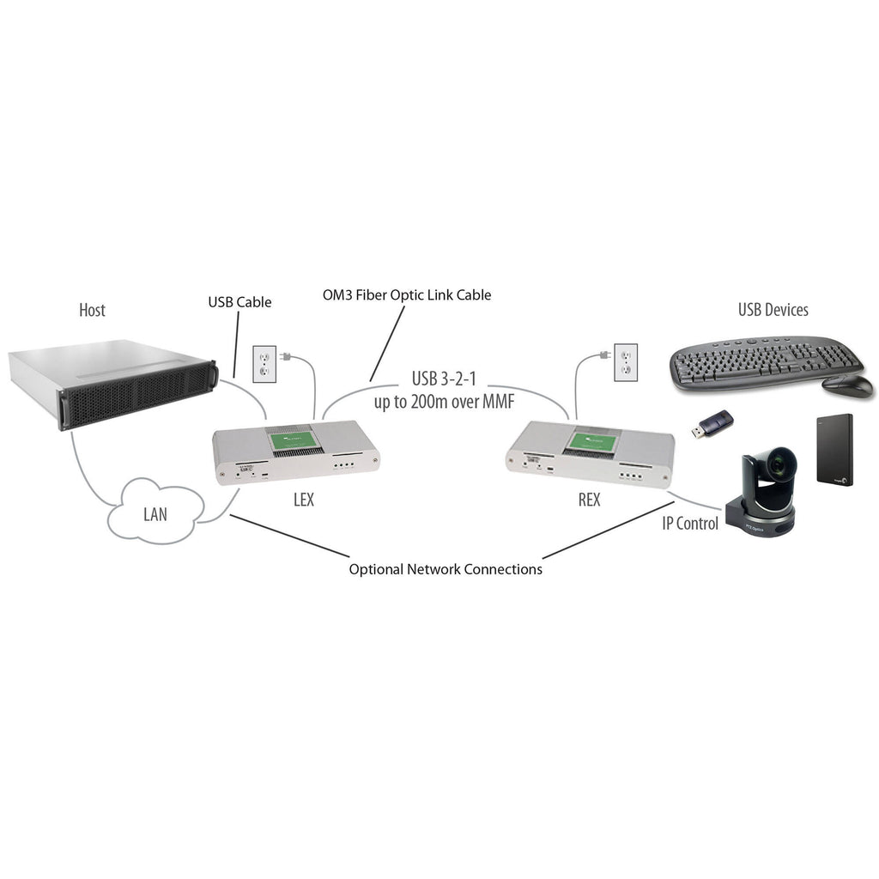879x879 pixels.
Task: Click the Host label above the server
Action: pos(92,310)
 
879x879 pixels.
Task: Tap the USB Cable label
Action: pos(239,302)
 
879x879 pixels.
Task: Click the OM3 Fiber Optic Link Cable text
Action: pos(406,294)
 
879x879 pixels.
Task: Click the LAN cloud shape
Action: pos(155,513)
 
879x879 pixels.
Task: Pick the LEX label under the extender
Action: pos(303,500)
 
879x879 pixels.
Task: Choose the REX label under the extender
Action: pos(589,500)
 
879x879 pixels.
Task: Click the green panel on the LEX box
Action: pos(295,443)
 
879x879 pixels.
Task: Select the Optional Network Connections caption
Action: pos(446,569)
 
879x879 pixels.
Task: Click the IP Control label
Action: pos(689,523)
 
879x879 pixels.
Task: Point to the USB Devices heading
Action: pos(773,310)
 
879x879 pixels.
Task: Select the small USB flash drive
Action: pos(712,424)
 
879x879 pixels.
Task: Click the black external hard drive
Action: pos(832,452)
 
